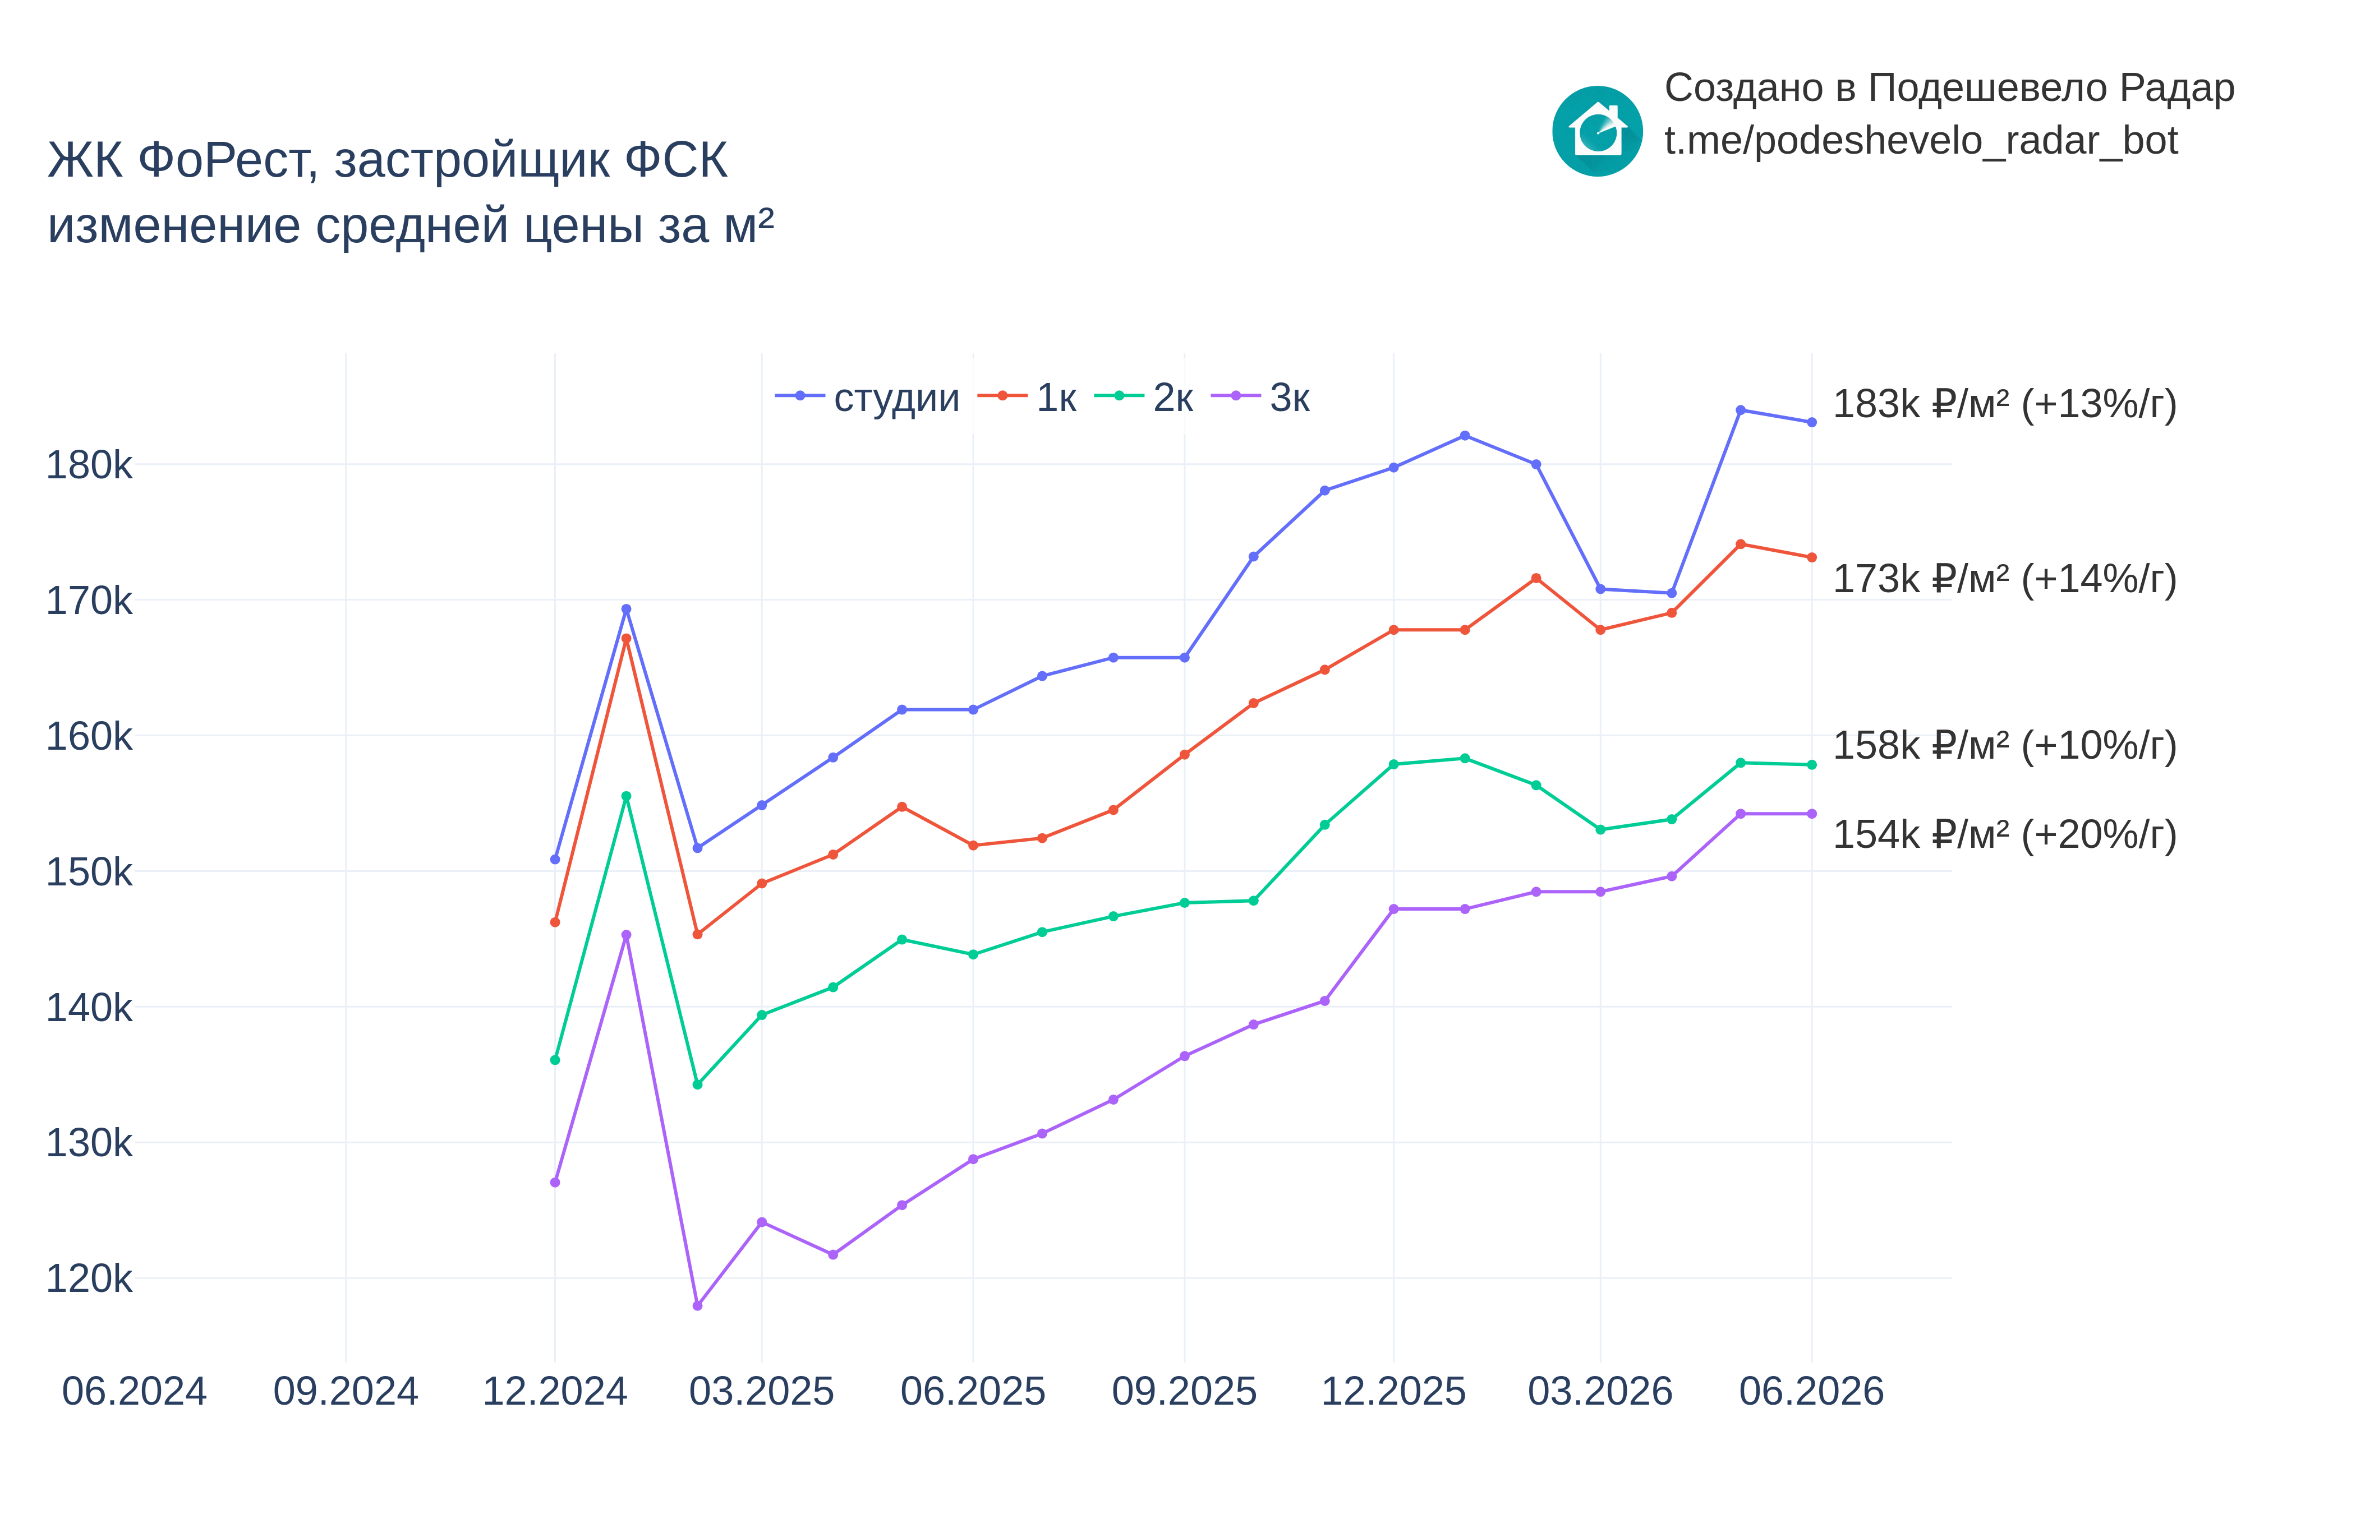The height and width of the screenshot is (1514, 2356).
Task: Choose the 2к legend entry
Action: coord(1144,397)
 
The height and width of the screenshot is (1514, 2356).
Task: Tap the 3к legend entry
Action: coord(1260,397)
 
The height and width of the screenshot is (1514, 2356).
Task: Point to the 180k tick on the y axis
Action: coord(89,465)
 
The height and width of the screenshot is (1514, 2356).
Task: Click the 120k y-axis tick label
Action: coord(89,1279)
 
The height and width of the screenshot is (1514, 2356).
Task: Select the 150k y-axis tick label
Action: coord(89,872)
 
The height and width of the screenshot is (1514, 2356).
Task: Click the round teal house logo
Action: coord(1597,131)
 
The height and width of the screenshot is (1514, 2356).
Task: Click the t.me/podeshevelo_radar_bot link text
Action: coord(1920,141)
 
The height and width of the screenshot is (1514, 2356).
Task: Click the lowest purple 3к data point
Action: coord(697,1305)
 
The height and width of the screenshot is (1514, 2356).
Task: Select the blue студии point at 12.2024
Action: coord(555,859)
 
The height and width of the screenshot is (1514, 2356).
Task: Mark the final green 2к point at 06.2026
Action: coord(1811,765)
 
